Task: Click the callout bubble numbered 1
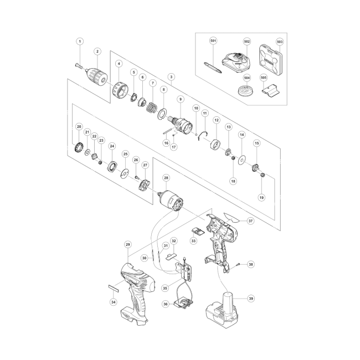tap(80, 42)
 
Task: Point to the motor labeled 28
tap(171, 201)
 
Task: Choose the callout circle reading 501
tap(213, 41)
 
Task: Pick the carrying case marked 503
tap(271, 60)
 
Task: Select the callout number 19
tap(261, 198)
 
